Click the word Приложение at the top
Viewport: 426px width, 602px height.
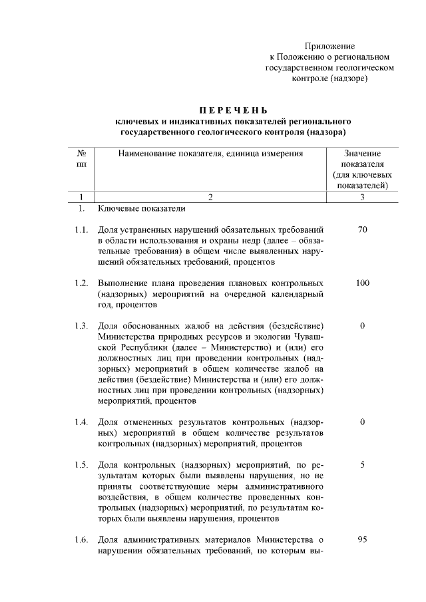329,46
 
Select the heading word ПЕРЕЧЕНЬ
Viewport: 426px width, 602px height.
233,110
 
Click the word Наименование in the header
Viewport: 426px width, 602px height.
147,153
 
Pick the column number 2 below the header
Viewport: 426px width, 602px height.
210,197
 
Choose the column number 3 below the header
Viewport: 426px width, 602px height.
362,197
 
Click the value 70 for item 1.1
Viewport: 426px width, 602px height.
362,230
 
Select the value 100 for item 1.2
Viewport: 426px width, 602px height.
362,283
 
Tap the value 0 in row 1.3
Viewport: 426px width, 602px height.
362,326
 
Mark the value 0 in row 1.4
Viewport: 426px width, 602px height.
362,422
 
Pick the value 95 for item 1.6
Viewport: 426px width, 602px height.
362,539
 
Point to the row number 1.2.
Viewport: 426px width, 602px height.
82,283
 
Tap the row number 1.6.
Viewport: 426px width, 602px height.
82,539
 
